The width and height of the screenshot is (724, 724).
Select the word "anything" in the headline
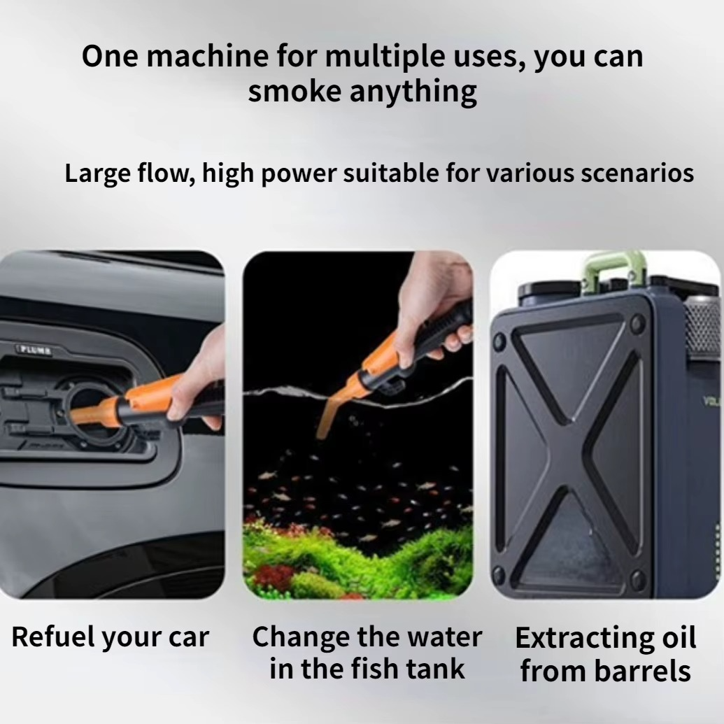pos(413,92)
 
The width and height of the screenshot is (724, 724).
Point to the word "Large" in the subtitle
pos(97,174)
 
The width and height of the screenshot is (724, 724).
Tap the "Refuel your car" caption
pos(111,638)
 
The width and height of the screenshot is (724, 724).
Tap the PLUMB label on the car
pos(35,350)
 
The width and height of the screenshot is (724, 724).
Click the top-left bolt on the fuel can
pos(499,342)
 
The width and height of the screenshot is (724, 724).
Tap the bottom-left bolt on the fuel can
pos(499,576)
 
